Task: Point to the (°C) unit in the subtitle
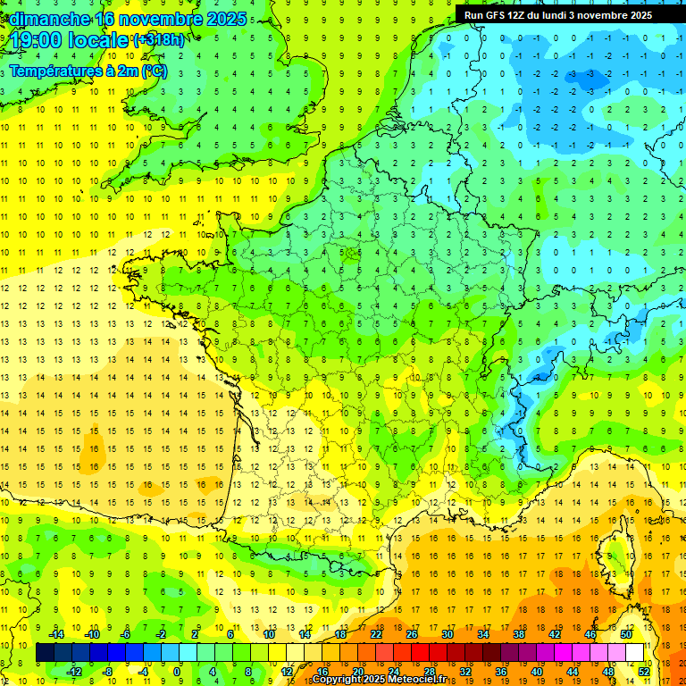click(x=154, y=71)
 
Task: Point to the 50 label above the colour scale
click(x=626, y=634)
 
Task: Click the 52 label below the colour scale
click(x=644, y=671)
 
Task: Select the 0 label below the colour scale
click(x=177, y=671)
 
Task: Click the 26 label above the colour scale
click(x=412, y=634)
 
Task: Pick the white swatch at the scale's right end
click(x=634, y=653)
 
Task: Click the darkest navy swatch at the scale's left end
click(x=45, y=653)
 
